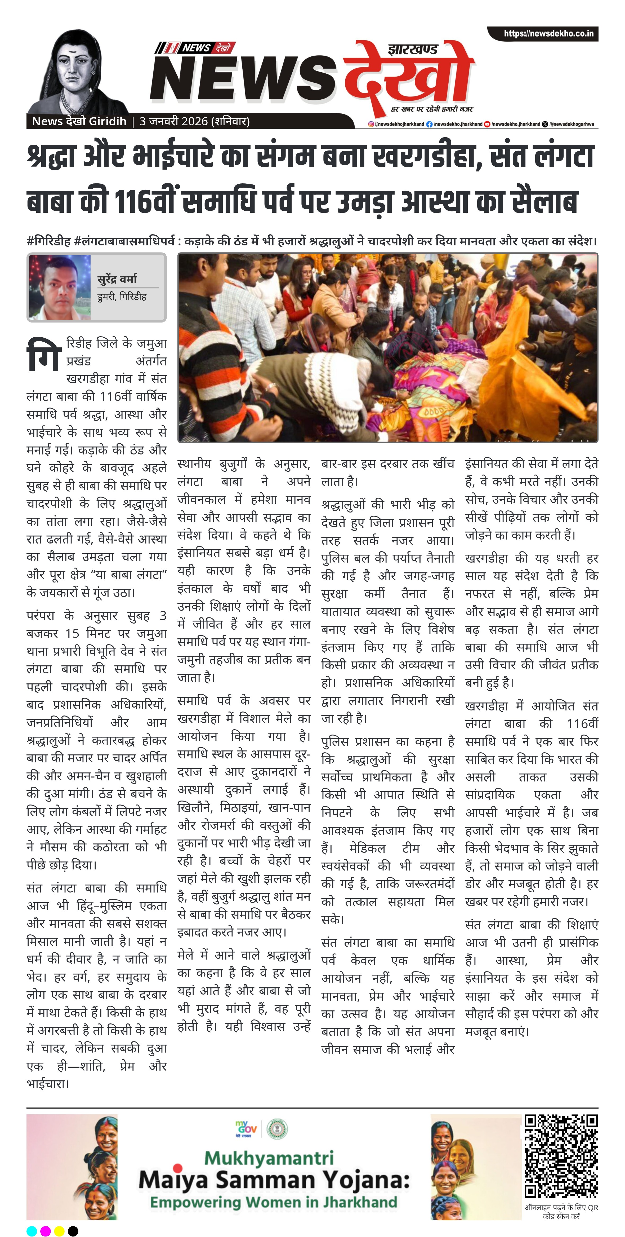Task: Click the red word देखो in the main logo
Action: point(408,77)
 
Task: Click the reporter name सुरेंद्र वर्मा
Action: point(117,279)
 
